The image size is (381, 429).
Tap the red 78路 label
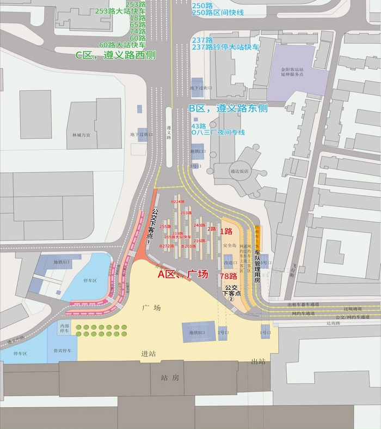pos(228,276)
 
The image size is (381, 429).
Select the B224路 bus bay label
pos(178,202)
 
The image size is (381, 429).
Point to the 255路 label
pos(165,226)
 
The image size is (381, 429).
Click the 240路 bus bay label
pos(199,225)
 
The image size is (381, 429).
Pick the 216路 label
pos(199,240)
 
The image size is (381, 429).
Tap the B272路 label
pos(167,246)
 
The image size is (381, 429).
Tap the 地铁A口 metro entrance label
pos(62,262)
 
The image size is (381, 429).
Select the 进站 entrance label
pos(149,353)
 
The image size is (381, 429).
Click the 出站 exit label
pos(259,361)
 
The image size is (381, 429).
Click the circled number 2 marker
pos(231,299)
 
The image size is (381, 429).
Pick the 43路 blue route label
pos(199,126)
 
